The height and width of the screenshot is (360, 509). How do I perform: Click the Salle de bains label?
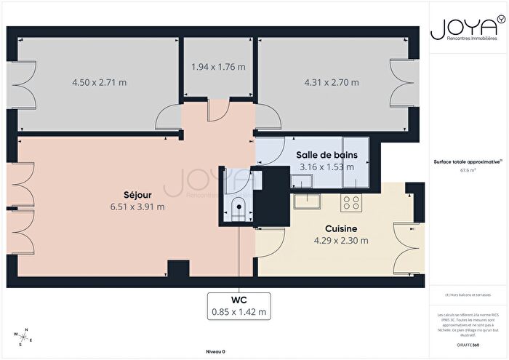coord(326,155)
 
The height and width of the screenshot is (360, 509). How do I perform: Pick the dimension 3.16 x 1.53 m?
coord(326,167)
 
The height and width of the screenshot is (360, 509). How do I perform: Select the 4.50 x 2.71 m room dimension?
coord(99,82)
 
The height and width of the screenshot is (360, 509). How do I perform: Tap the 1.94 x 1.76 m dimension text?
coord(218,67)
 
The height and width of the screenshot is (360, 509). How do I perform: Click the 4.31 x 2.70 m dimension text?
coord(332,82)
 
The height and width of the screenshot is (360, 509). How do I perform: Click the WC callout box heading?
coord(239,300)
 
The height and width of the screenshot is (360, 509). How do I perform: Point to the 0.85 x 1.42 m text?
coord(239,312)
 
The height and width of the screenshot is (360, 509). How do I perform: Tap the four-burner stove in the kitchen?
coord(352,200)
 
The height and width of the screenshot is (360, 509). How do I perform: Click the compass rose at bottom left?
coord(22,337)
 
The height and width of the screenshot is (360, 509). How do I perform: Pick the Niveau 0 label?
coord(215,351)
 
